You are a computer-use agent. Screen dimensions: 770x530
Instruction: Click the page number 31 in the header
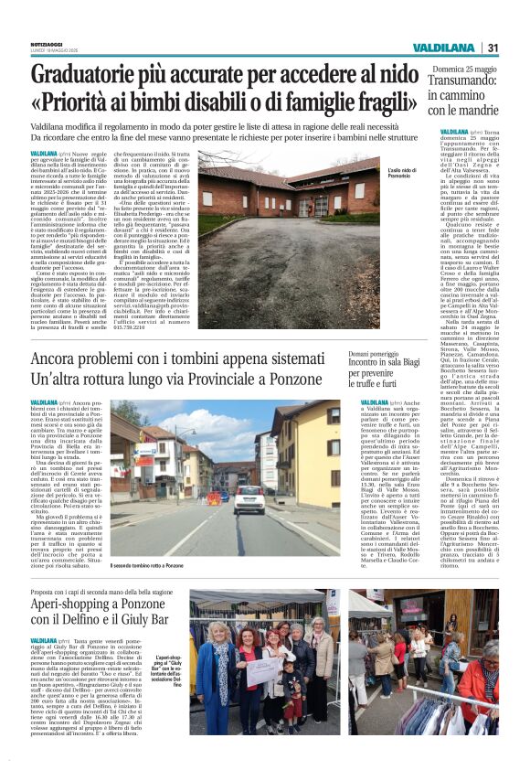[x=493, y=48]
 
